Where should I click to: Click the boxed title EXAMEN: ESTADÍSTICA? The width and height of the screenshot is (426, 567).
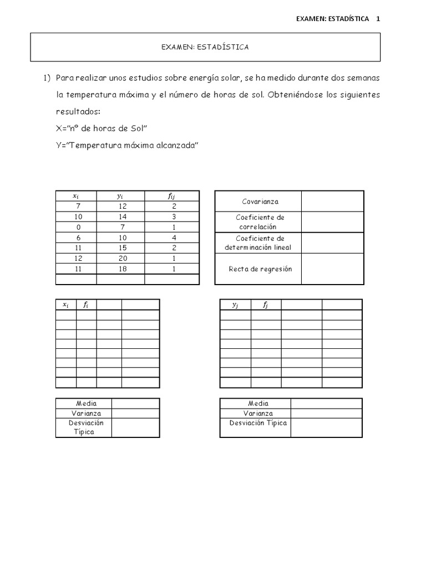pos(205,47)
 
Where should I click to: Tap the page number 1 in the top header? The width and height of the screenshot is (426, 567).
pos(378,18)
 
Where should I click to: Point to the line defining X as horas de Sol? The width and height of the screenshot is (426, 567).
pos(101,128)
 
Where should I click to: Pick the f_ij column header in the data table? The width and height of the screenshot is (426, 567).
pos(171,195)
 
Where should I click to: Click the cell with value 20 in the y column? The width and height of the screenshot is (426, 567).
pos(120,259)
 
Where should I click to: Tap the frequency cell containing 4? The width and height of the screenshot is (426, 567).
pos(171,238)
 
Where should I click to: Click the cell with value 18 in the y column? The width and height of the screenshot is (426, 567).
pos(120,270)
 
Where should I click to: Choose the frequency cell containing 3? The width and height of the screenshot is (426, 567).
pos(171,217)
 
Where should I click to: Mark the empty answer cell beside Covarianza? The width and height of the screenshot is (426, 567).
pos(332,202)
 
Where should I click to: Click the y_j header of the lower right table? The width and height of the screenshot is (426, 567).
pos(235,305)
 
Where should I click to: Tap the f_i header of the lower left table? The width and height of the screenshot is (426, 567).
pos(86,305)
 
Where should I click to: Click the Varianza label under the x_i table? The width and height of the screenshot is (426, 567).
pos(86,414)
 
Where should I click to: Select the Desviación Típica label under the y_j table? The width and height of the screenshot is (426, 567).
pos(258,423)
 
